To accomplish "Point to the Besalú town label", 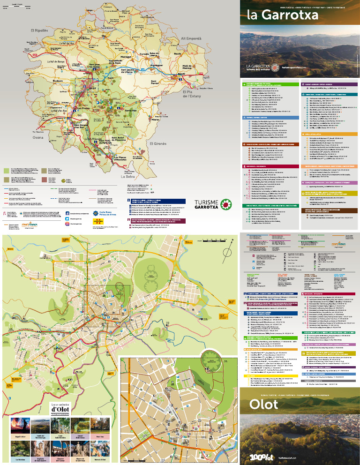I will coord(182,74).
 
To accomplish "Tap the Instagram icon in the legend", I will coord(67,224).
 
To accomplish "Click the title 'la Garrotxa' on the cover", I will coord(283,15).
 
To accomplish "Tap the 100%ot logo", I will coord(258,456).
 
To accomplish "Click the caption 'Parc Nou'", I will coord(100,436).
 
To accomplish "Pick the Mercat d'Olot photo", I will coord(100,449).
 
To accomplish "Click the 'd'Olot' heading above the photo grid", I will coord(60,410).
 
